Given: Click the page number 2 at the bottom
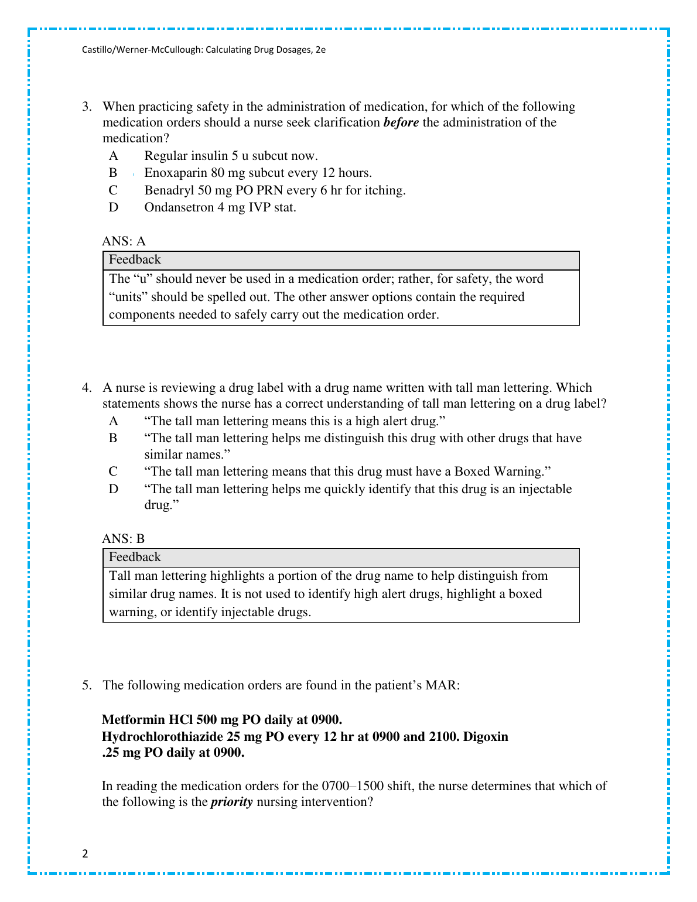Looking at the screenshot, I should pos(86,853).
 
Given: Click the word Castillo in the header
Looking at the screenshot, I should pos(98,50).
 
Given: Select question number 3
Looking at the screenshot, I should pos(87,107).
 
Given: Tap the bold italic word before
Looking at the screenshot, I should pos(401,122).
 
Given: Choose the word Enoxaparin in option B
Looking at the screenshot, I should pos(175,173).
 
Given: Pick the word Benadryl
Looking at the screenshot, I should pos(169,190).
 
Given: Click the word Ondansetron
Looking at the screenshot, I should pos(179,207).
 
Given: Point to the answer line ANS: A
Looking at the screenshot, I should pos(124,241).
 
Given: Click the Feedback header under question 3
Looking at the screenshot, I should pos(135,259).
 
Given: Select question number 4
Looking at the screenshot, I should pos(87,388).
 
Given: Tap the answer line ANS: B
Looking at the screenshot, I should pos(124,539).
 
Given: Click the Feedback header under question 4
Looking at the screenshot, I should pos(135,557).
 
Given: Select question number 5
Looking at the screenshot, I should pos(87,685).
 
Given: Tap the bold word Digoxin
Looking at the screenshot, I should pos(486,736).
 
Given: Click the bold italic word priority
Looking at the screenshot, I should pos(231,802).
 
